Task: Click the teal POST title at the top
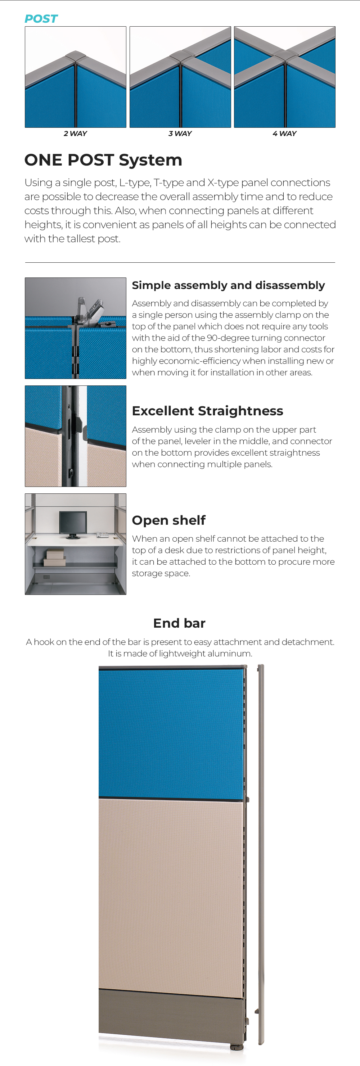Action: point(41,19)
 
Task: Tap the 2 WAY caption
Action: point(75,134)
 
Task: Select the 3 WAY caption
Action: point(180,134)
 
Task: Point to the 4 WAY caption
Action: point(285,134)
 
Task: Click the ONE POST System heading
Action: point(103,160)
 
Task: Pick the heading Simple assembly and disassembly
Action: point(228,285)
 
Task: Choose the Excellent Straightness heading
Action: point(207,411)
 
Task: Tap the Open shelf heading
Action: point(169,520)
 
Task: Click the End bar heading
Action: point(180,623)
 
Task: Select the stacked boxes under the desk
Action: point(55,557)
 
